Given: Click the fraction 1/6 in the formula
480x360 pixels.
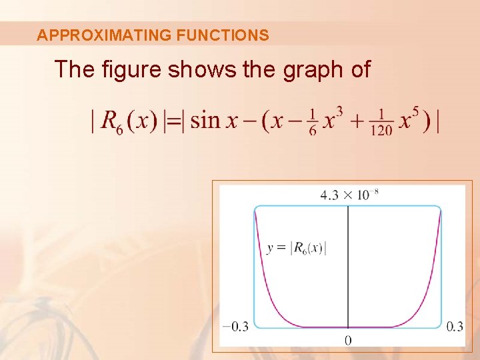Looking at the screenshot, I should click(313, 121).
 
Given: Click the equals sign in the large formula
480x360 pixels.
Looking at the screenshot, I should click(173, 121).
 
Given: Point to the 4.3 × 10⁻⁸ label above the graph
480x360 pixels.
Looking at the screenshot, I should click(349, 195).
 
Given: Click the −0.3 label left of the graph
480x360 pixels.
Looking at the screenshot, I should click(235, 326).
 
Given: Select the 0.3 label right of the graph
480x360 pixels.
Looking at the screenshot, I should click(455, 326).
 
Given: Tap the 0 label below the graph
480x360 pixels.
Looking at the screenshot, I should click(348, 341).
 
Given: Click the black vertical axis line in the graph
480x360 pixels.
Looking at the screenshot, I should click(348, 267).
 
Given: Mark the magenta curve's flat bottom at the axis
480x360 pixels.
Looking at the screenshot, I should click(348, 327).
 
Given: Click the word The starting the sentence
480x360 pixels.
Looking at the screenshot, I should click(73, 69).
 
